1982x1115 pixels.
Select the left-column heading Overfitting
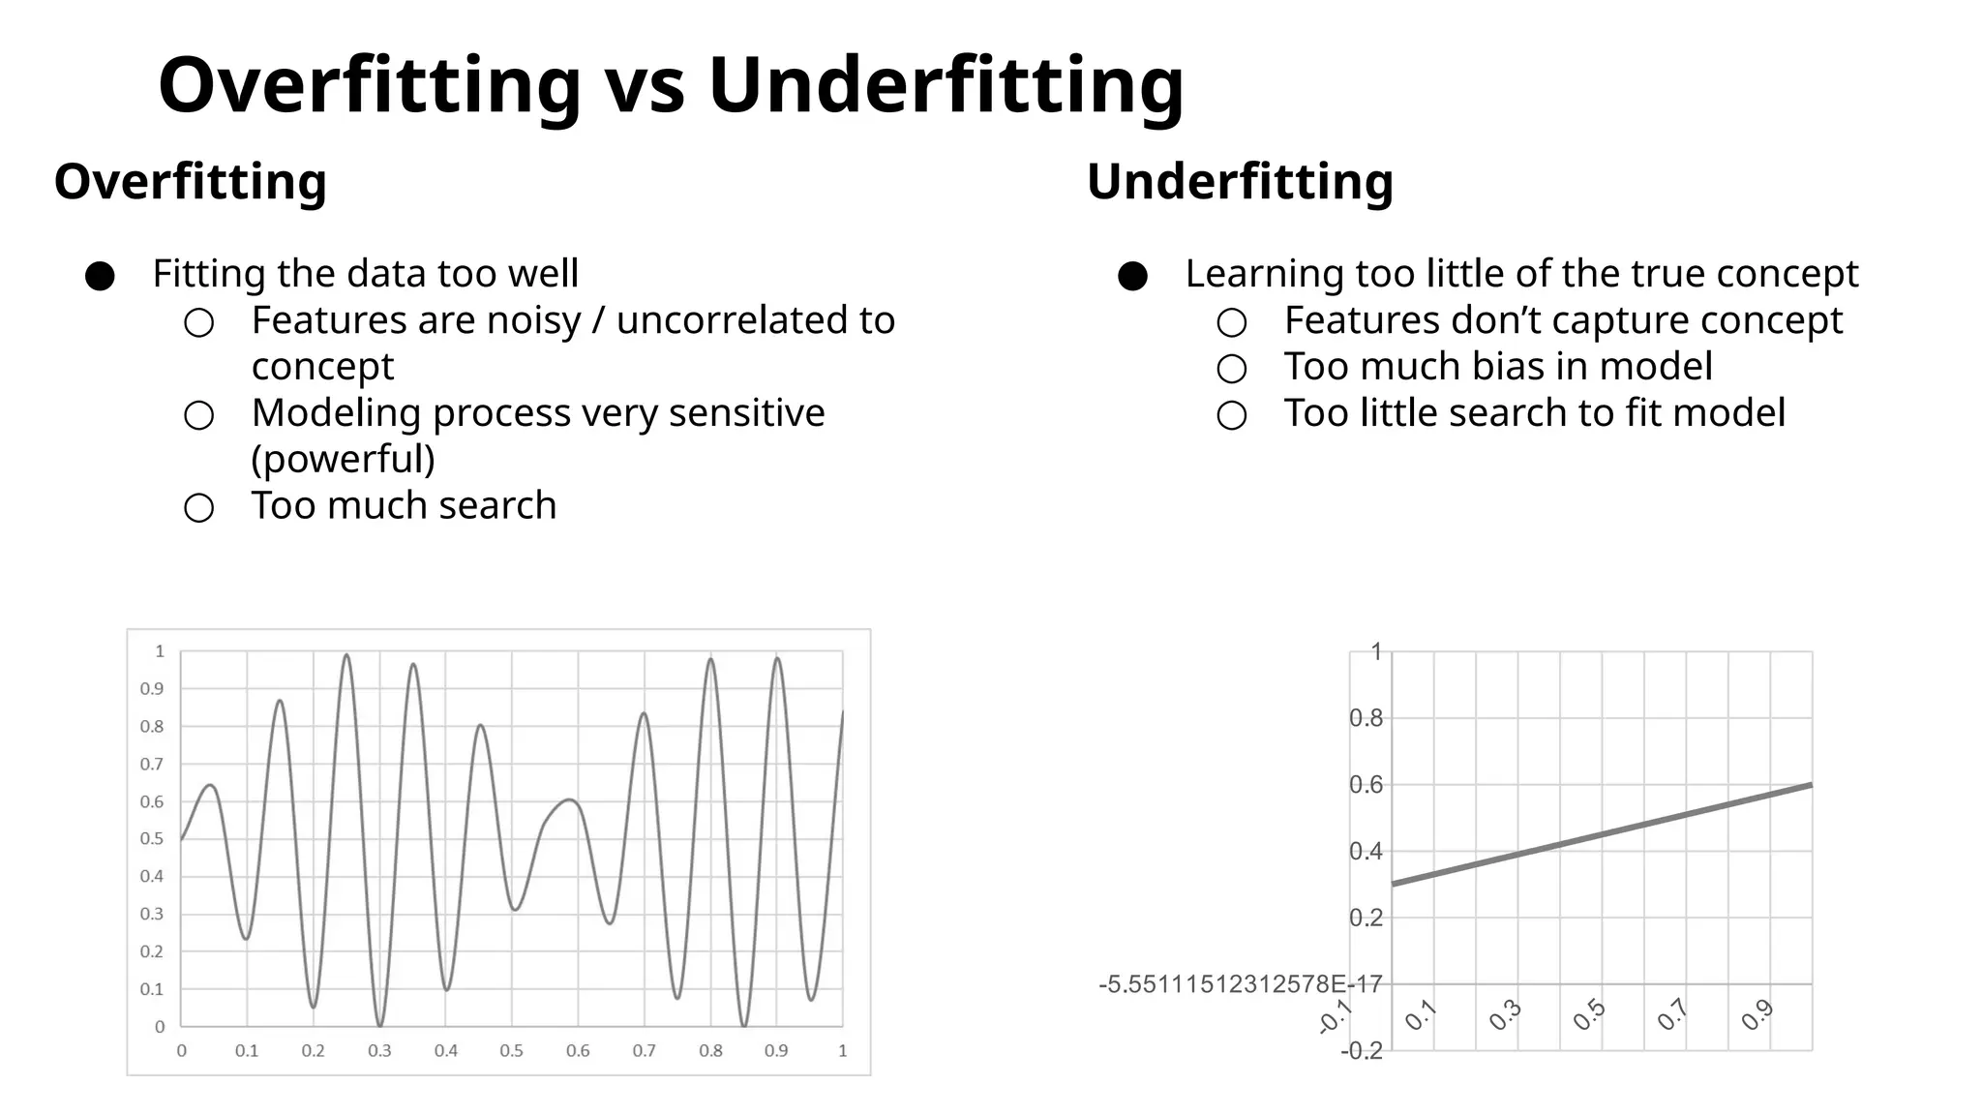point(191,181)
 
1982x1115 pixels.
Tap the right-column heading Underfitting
point(1240,181)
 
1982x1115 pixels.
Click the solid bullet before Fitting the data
point(100,277)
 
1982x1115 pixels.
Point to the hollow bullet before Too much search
point(198,508)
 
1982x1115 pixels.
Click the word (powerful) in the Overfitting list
point(343,459)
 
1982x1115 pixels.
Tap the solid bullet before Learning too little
point(1132,277)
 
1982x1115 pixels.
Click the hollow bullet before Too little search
point(1231,415)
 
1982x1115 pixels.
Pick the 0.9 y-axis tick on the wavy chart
point(152,689)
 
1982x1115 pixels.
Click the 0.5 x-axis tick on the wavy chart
point(511,1051)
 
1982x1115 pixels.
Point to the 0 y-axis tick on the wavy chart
point(160,1027)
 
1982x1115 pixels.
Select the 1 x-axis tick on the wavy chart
point(842,1051)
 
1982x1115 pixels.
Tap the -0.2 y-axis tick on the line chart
point(1362,1051)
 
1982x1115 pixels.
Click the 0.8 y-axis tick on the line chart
point(1366,718)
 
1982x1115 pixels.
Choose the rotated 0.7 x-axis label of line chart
point(1672,1015)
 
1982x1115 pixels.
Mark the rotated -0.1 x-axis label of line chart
point(1336,1017)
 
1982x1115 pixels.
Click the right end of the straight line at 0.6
point(1809,786)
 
